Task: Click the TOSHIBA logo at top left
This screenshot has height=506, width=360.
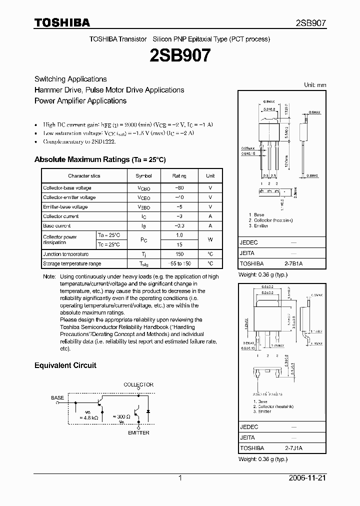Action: click(x=62, y=22)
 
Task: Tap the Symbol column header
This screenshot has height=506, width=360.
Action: click(x=144, y=176)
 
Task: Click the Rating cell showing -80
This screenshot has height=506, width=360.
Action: click(x=179, y=188)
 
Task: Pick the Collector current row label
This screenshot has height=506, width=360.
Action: click(x=61, y=216)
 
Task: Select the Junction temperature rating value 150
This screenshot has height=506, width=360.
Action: click(x=179, y=254)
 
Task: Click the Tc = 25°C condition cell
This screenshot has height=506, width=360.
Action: click(x=109, y=244)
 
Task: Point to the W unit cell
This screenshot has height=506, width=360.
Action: click(x=210, y=239)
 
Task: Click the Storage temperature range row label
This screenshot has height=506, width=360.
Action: click(x=72, y=263)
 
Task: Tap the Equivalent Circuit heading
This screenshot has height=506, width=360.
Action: click(x=65, y=365)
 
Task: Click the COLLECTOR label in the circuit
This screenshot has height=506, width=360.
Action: click(x=138, y=385)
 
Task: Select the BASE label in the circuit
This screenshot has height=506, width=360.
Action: click(x=57, y=398)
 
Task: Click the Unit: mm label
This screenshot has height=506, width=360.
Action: click(x=315, y=85)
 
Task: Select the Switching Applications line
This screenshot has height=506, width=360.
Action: click(x=70, y=79)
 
